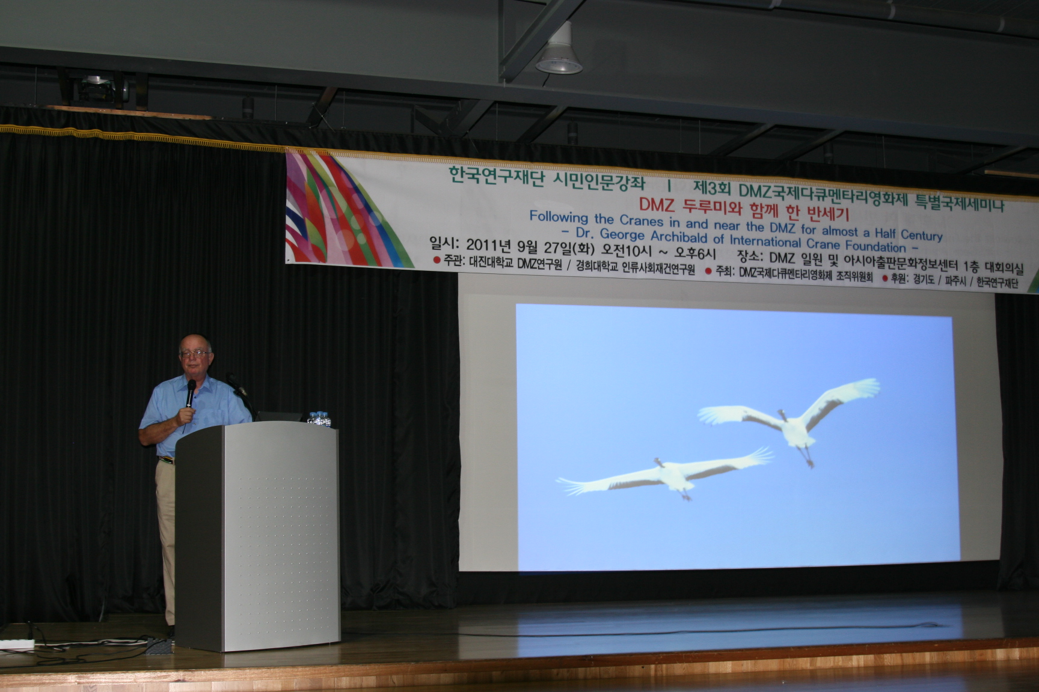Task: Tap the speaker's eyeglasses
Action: [x=195, y=353]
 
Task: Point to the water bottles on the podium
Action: [x=319, y=419]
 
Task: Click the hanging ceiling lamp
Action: [x=559, y=56]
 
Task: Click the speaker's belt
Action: [x=165, y=460]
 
